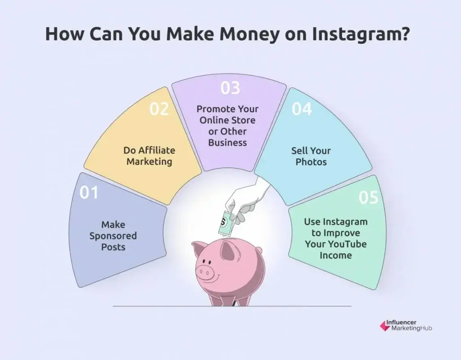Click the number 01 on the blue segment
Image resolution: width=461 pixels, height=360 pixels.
click(x=89, y=192)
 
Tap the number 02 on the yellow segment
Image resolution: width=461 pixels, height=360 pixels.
click(x=159, y=109)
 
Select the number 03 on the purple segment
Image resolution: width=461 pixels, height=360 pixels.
click(x=230, y=87)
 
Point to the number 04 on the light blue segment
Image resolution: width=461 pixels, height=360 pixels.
click(x=302, y=109)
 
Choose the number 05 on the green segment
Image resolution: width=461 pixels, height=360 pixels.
click(x=368, y=197)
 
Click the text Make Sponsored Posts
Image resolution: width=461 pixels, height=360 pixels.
click(x=113, y=236)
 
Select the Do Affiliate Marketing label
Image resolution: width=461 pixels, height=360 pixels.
click(x=149, y=156)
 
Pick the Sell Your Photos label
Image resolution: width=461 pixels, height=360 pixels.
click(x=311, y=156)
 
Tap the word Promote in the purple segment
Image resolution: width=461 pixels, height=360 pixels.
click(x=214, y=109)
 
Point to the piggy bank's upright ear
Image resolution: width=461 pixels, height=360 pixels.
click(x=230, y=250)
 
